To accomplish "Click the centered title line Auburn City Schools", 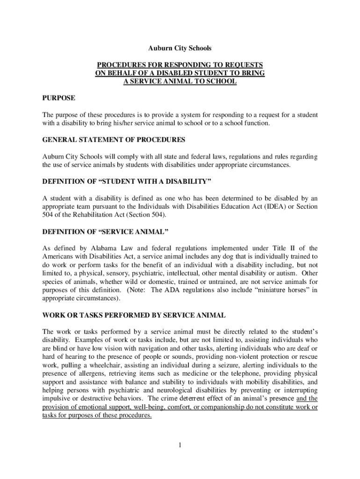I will point(180,48).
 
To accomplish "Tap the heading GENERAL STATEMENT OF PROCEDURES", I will point(114,140).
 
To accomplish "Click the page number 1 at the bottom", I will point(180,444).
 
